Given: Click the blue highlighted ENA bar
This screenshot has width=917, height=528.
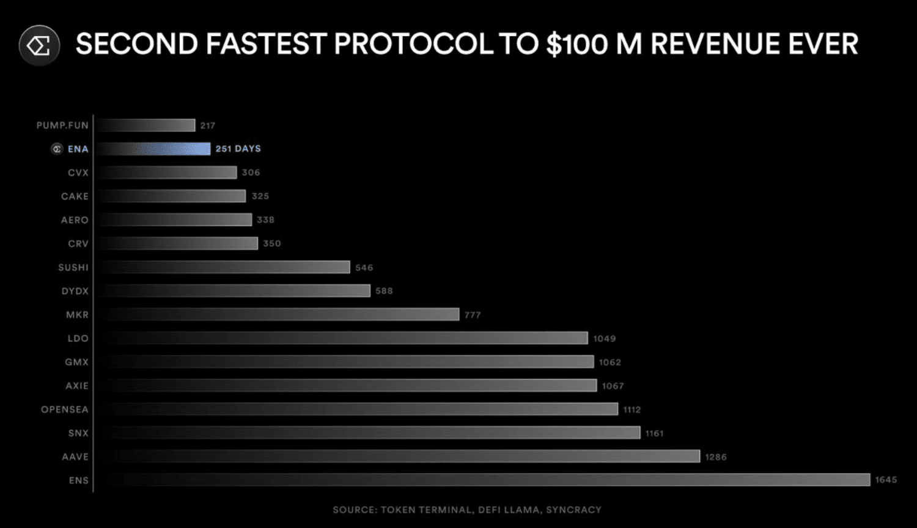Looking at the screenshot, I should [x=154, y=148].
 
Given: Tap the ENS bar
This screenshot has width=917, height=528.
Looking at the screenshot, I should [x=483, y=480].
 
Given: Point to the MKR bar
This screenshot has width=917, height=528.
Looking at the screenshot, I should [x=278, y=315].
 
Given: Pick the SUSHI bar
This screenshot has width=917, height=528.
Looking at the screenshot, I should [x=224, y=267].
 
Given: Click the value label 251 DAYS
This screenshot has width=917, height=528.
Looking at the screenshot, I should [x=238, y=148].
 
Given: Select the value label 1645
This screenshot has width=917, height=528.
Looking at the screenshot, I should [x=886, y=480].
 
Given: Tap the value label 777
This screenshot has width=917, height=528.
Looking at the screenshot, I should [x=473, y=315].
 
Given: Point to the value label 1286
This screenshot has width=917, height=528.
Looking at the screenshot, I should [x=716, y=457].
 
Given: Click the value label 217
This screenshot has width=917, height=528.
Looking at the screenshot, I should [x=208, y=126].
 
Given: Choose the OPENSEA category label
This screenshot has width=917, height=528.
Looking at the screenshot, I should [x=65, y=409].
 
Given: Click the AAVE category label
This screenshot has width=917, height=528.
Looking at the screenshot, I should [x=75, y=457].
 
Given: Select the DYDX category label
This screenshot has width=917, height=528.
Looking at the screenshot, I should [x=75, y=291].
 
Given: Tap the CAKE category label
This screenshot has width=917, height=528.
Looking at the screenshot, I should [x=75, y=196].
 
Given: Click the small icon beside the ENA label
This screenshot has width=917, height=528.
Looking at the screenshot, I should [x=57, y=149].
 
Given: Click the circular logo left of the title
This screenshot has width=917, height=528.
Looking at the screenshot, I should [x=39, y=45].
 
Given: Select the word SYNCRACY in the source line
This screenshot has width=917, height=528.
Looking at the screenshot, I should [x=573, y=510].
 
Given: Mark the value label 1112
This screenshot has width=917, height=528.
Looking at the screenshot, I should [x=632, y=410].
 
